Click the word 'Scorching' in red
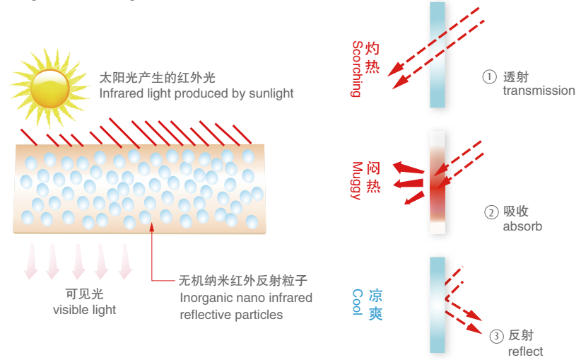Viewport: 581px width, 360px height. (x=357, y=69)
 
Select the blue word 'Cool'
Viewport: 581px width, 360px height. (x=357, y=302)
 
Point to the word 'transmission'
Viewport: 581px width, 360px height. (x=539, y=91)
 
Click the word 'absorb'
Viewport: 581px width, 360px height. (x=522, y=226)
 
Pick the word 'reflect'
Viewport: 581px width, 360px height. (x=526, y=352)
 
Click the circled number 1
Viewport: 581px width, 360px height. (x=490, y=77)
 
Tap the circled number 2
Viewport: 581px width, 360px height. (x=491, y=212)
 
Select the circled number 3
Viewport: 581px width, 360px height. (x=497, y=336)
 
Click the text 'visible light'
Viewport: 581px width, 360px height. (x=84, y=309)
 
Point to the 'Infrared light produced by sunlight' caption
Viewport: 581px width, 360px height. (x=196, y=93)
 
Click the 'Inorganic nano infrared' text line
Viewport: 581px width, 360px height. (x=246, y=298)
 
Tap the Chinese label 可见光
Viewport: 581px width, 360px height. (x=84, y=294)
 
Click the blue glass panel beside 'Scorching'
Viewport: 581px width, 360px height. (x=438, y=54)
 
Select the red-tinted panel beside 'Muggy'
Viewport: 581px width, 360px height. (x=438, y=182)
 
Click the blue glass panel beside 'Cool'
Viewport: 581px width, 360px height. (x=438, y=304)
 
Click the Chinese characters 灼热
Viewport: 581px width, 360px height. (x=375, y=59)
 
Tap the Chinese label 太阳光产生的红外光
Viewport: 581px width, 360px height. (x=155, y=77)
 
